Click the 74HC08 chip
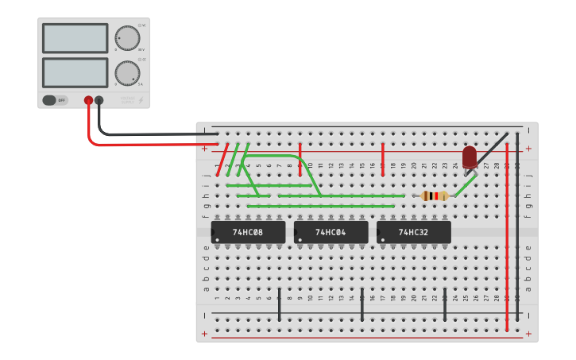(x=248, y=232)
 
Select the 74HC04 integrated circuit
(x=331, y=232)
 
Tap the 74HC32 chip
(x=413, y=232)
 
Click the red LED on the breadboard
(x=470, y=157)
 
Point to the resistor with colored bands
(x=435, y=195)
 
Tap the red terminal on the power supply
(x=88, y=101)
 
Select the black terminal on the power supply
(x=99, y=101)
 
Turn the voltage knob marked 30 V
(x=126, y=37)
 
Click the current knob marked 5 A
(x=126, y=73)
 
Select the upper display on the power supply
(x=75, y=38)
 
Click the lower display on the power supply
(x=75, y=72)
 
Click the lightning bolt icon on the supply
(x=141, y=100)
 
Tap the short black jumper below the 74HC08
(x=279, y=305)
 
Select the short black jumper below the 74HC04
(x=362, y=305)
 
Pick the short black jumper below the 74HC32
(x=445, y=305)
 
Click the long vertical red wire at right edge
(x=507, y=238)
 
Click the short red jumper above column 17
(x=383, y=158)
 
